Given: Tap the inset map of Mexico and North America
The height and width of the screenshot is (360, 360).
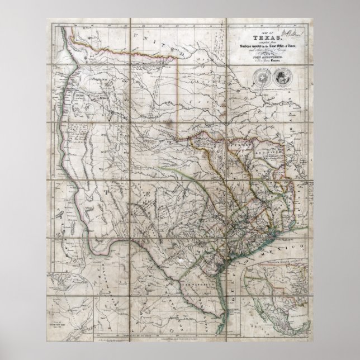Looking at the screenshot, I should click(276, 290).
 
